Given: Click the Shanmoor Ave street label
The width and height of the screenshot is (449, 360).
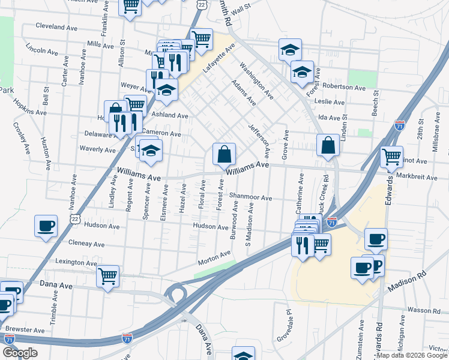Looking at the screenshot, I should [251, 197].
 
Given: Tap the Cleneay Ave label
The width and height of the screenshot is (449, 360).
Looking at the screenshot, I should [86, 244].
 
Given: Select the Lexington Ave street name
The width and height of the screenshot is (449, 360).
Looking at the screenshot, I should [76, 262].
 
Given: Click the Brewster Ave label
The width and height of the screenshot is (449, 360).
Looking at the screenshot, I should [24, 329].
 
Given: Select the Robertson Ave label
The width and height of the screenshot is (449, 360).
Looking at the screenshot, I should [344, 87].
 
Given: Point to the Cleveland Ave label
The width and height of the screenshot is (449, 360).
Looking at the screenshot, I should [57, 27].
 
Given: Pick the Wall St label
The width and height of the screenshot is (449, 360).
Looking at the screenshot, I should [240, 10].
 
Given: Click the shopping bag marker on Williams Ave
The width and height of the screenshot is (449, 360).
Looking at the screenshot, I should [223, 155].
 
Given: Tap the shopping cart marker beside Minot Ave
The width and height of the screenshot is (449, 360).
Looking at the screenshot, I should [391, 157].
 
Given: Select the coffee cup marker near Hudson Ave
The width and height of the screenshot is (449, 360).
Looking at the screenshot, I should [46, 227].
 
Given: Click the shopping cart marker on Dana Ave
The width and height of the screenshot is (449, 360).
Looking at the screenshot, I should [107, 276].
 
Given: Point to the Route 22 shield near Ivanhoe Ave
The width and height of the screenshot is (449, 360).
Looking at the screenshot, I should [74, 220].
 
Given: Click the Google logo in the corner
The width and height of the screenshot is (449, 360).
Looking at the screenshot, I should [20, 353].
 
